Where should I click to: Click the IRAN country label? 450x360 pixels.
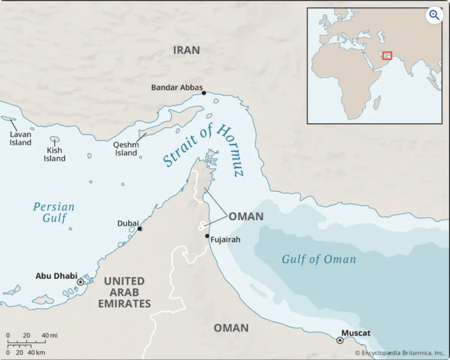(x=186, y=50)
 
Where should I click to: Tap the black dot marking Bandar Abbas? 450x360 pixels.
(x=204, y=93)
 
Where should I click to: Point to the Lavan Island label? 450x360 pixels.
(x=21, y=138)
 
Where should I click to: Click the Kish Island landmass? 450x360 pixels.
(x=55, y=140)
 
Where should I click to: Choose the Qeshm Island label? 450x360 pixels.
(x=126, y=149)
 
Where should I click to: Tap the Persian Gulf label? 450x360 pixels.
(x=53, y=212)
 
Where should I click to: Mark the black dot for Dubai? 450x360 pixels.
(x=139, y=229)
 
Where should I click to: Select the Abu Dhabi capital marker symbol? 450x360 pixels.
(x=80, y=282)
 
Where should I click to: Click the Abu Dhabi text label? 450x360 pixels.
(x=56, y=276)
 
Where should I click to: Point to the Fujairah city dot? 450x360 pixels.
(x=207, y=236)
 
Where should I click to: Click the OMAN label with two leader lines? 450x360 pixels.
(x=246, y=217)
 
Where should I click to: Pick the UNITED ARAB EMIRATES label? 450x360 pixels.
(x=127, y=293)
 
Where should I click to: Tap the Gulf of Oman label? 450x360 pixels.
(x=318, y=259)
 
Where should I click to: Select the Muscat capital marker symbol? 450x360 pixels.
(x=340, y=340)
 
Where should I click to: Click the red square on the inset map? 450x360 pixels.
(x=387, y=55)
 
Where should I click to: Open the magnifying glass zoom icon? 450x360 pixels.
(x=434, y=15)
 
